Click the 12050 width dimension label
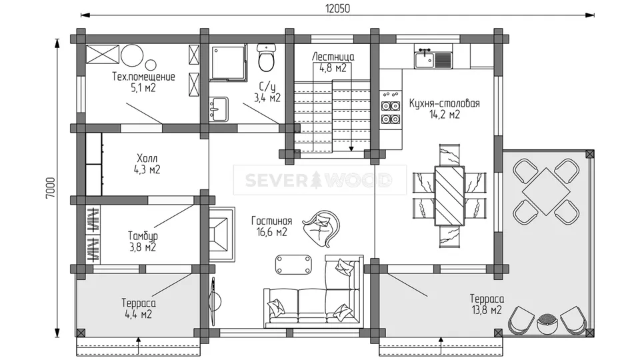[x=337, y=8]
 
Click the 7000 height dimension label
[x=50, y=188]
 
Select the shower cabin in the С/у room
[x=229, y=63]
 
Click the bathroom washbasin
[x=219, y=109]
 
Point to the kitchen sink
[x=433, y=59]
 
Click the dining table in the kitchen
[x=449, y=195]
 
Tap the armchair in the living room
[x=321, y=228]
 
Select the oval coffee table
[x=293, y=265]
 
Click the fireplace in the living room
[x=222, y=233]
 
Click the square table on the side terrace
[x=546, y=191]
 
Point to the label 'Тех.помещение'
[x=143, y=77]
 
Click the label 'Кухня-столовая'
[x=445, y=103]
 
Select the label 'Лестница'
[x=333, y=57]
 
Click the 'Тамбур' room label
[x=143, y=236]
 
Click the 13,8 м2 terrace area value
[x=487, y=310]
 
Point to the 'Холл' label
[x=147, y=158]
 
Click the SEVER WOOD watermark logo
[x=319, y=180]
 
